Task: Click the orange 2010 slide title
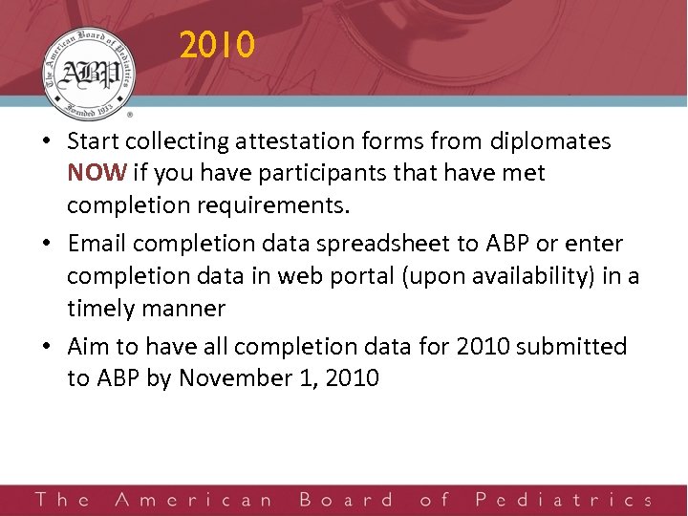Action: [217, 45]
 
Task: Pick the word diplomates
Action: [549, 141]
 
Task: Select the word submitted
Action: [571, 346]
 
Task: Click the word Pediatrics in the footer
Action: [563, 500]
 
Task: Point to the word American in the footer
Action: [193, 500]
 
